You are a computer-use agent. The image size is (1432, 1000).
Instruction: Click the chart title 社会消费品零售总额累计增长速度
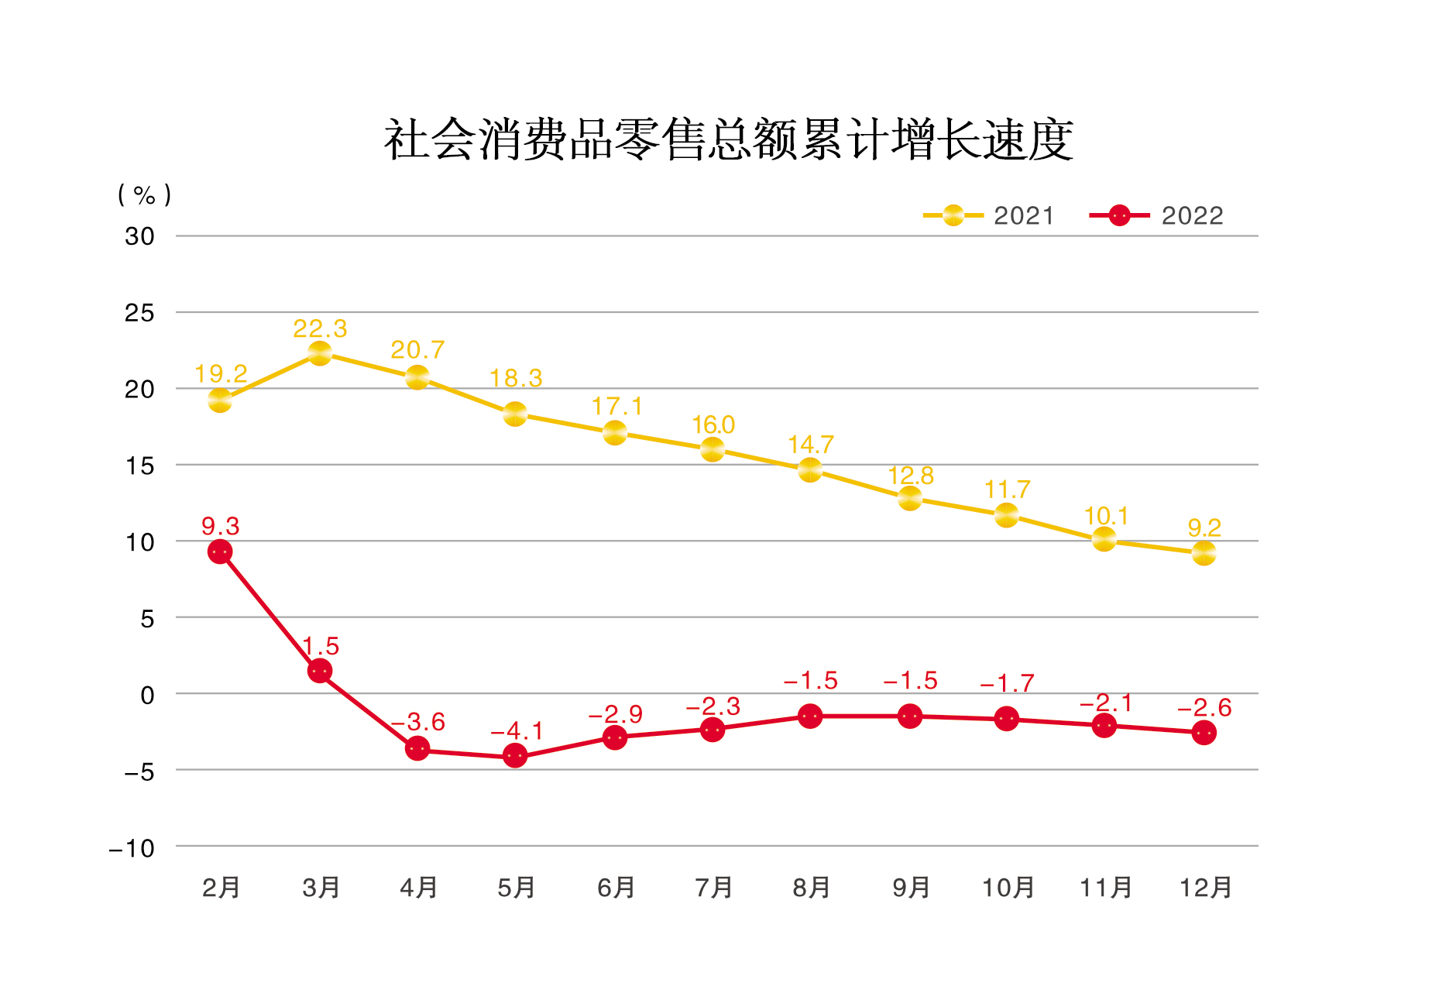click(x=728, y=140)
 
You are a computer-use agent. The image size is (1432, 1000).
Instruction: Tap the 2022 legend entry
click(x=1157, y=215)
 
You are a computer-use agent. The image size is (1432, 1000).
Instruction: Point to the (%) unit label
click(x=144, y=194)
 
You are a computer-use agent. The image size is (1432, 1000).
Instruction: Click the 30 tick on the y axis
click(x=139, y=236)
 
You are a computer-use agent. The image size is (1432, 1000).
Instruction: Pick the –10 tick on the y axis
click(x=132, y=848)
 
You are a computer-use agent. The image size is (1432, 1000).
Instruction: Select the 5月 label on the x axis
click(x=517, y=887)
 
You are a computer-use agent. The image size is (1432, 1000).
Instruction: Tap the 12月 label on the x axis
click(x=1205, y=887)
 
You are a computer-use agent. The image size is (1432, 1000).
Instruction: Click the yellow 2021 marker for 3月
click(x=320, y=353)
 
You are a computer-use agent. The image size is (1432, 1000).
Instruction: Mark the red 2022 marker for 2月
click(x=220, y=552)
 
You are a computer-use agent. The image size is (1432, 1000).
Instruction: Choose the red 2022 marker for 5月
click(x=515, y=755)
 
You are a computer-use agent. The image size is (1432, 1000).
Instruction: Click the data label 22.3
click(x=320, y=328)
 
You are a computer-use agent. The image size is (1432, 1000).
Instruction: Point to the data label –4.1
click(x=517, y=730)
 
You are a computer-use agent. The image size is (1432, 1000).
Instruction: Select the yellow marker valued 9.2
click(x=1204, y=553)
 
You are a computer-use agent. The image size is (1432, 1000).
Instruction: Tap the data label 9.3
click(x=220, y=527)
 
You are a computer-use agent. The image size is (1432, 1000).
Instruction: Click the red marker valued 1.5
click(x=320, y=671)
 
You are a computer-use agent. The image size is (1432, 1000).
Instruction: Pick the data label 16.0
click(x=713, y=424)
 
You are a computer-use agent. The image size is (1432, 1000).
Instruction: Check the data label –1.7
click(x=1007, y=683)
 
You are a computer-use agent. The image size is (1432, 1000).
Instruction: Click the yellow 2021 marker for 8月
click(x=810, y=469)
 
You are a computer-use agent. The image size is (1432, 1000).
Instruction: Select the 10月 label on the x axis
click(x=1008, y=887)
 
